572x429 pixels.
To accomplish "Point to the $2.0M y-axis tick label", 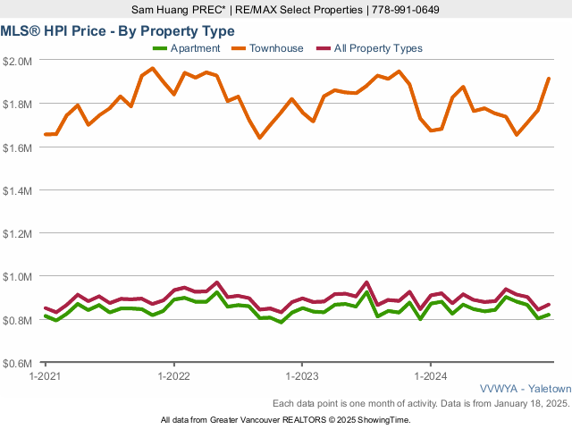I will pyautogui.click(x=19, y=61).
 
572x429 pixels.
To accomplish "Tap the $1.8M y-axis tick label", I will pyautogui.click(x=19, y=104).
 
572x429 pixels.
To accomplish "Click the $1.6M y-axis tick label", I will pyautogui.click(x=19, y=147).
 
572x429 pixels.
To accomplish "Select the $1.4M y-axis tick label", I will pyautogui.click(x=19, y=190).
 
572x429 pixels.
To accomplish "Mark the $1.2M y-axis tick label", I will pyautogui.click(x=19, y=234).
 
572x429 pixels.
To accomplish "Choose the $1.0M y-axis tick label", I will pyautogui.click(x=19, y=277).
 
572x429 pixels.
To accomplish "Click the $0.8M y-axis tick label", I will pyautogui.click(x=19, y=321).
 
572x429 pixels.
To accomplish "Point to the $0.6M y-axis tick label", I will pyautogui.click(x=19, y=364).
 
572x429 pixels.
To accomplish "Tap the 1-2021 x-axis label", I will pyautogui.click(x=45, y=376).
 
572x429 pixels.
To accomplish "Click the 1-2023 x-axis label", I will pyautogui.click(x=302, y=376).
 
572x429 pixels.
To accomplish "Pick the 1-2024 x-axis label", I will pyautogui.click(x=431, y=376).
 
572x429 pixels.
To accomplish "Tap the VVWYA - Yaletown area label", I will pyautogui.click(x=525, y=390).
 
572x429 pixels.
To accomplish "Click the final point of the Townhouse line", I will pyautogui.click(x=548, y=79).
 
